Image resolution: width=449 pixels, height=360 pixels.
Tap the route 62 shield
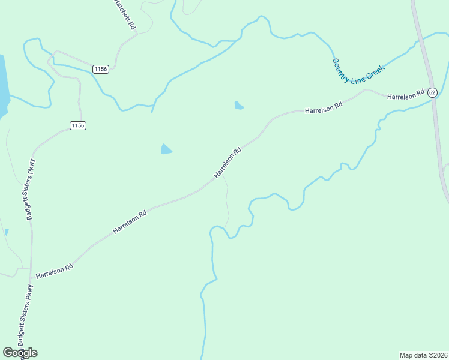pyautogui.click(x=432, y=92)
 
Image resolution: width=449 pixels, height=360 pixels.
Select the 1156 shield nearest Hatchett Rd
pyautogui.click(x=100, y=70)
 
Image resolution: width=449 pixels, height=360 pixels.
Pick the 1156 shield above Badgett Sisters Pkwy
pyautogui.click(x=78, y=125)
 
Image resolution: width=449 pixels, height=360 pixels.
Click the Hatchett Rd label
pyautogui.click(x=125, y=13)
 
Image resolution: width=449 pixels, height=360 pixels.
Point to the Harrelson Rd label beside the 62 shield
pyautogui.click(x=405, y=96)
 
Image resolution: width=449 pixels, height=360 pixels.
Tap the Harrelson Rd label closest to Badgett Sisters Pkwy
pyautogui.click(x=54, y=271)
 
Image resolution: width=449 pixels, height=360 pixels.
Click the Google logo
pyautogui.click(x=20, y=353)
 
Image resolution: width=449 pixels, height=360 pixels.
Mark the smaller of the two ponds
pyautogui.click(x=238, y=106)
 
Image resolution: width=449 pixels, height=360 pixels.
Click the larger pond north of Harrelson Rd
pyautogui.click(x=166, y=149)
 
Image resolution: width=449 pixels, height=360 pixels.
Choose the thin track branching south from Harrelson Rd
pyautogui.click(x=227, y=204)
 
